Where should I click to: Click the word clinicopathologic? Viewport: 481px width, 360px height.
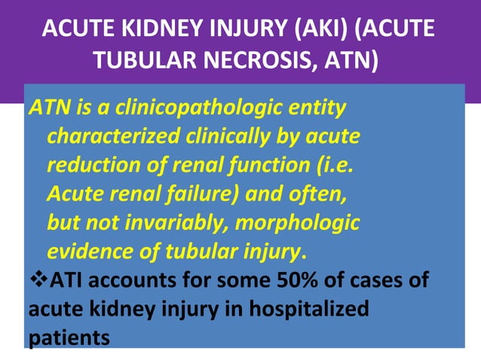coord(195,108)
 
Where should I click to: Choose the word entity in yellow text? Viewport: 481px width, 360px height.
coord(317,108)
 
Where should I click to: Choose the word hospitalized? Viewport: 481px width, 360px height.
coord(306,309)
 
